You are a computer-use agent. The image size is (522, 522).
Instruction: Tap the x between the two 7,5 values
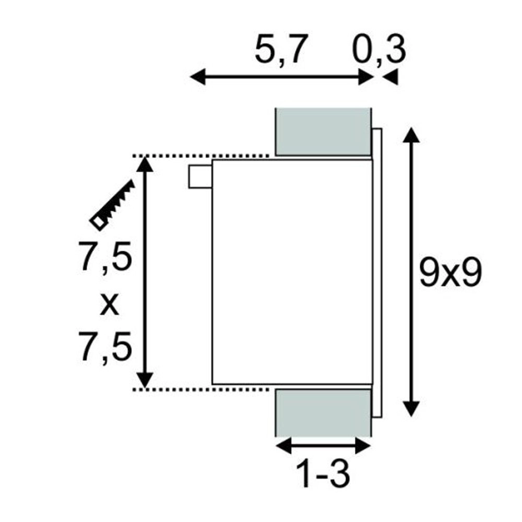tap(109, 305)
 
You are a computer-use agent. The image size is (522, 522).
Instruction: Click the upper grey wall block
tap(323, 131)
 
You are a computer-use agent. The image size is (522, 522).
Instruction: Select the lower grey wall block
tap(323, 412)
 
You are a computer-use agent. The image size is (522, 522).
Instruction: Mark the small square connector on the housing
tap(200, 176)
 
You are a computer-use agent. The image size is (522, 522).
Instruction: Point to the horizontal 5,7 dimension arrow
tap(282, 78)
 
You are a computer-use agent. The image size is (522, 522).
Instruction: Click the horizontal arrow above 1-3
tap(323, 446)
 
